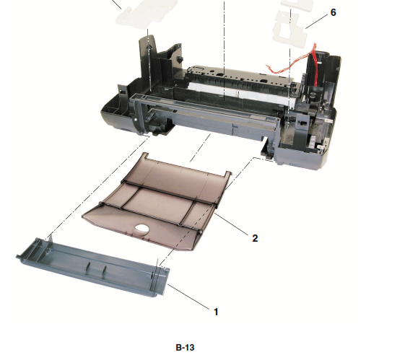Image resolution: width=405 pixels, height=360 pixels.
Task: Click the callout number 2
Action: [x=255, y=237]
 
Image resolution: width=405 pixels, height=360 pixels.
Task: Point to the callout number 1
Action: [x=214, y=312]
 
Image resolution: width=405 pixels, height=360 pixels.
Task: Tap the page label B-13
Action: [x=185, y=347]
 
